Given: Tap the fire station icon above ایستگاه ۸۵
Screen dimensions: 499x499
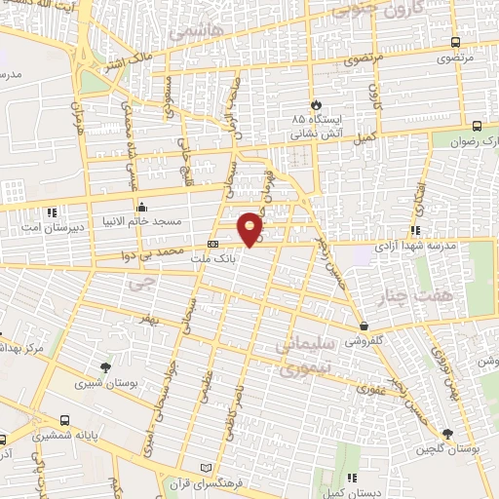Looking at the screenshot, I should pyautogui.click(x=315, y=104).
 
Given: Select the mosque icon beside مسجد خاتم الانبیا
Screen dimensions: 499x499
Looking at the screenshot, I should pyautogui.click(x=142, y=207).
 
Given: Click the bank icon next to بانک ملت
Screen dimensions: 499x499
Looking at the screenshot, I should pyautogui.click(x=213, y=243).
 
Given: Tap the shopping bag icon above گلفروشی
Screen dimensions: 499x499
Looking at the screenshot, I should pyautogui.click(x=364, y=326).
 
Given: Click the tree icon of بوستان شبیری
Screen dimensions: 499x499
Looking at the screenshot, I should pyautogui.click(x=105, y=367).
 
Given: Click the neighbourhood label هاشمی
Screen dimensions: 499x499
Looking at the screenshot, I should pyautogui.click(x=195, y=32).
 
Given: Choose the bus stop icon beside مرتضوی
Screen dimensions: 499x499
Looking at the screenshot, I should pyautogui.click(x=455, y=42).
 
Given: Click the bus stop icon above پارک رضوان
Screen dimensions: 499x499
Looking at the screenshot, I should pyautogui.click(x=477, y=125).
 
